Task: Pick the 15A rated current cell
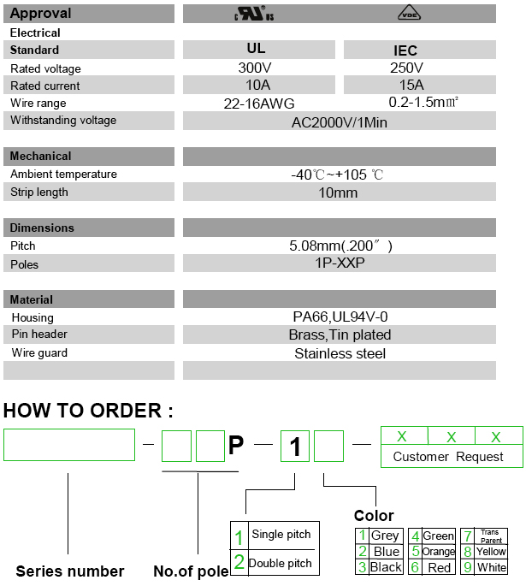tap(405, 85)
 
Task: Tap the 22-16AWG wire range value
tap(258, 104)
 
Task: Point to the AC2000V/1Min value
tap(340, 121)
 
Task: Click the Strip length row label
tap(39, 192)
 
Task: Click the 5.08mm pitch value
tap(340, 246)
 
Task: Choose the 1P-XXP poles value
tap(340, 263)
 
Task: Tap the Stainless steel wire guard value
tap(340, 352)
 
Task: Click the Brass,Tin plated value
tap(340, 334)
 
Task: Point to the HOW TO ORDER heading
tap(88, 411)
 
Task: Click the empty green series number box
tap(69, 445)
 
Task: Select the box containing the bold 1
tap(295, 446)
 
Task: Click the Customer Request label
tap(448, 457)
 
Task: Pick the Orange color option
tap(438, 552)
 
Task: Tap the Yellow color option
tap(491, 552)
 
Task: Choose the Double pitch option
tap(279, 563)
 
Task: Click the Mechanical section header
tap(41, 156)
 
